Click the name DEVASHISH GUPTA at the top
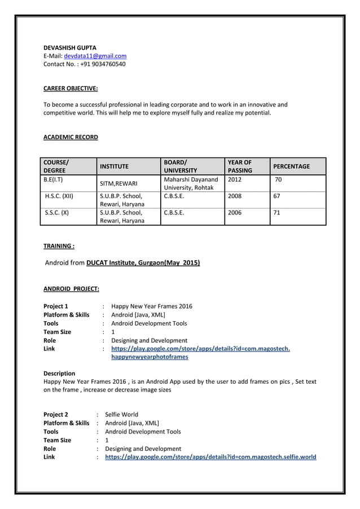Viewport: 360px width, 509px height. pos(70,47)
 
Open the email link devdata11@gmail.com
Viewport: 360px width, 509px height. pos(95,56)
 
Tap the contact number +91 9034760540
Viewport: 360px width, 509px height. pos(103,64)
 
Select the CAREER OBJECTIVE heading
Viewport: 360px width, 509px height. pos(71,89)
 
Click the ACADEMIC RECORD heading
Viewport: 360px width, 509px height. pos(71,137)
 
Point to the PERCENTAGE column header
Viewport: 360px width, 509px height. pos(291,166)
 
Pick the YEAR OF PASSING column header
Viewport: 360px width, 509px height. pos(240,166)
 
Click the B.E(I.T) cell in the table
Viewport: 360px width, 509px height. pos(53,179)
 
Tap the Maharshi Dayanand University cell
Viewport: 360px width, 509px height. pos(190,183)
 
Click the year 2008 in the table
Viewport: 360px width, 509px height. pos(235,196)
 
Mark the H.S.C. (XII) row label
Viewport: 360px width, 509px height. pos(59,196)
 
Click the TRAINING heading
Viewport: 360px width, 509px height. pos(59,246)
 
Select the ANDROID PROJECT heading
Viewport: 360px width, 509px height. pos(71,289)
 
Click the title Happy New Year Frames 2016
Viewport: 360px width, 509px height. pos(152,306)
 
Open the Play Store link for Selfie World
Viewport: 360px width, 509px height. pos(210,457)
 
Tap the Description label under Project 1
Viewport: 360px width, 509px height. pos(59,374)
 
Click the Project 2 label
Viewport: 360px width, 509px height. pos(56,415)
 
